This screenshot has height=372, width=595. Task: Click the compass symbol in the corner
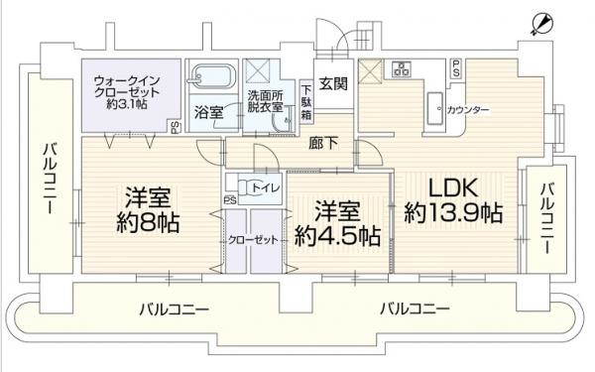pos(542,24)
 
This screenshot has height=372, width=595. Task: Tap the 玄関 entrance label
pos(333,83)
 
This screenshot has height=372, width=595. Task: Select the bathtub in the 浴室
pos(213,76)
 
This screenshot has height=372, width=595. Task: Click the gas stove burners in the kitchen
pos(402,68)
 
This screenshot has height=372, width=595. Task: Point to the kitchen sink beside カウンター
pos(435,108)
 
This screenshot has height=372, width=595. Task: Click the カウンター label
pos(468,110)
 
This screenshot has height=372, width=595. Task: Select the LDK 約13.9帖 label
pos(453,201)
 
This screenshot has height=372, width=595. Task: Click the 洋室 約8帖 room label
pos(148,209)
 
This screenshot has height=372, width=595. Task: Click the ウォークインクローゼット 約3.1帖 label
pos(127,92)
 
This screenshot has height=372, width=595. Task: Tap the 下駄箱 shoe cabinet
pos(306,102)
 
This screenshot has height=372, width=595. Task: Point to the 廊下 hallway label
pos(323,143)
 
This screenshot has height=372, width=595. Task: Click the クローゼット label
pos(253,240)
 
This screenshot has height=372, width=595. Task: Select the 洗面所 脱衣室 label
pos(266,100)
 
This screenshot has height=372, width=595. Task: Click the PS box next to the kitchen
pos(456,68)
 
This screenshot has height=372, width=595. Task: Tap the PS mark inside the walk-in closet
pos(175,127)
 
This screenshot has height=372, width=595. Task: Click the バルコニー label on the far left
pos(49,179)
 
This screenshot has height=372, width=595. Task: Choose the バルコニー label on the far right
pos(547,219)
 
